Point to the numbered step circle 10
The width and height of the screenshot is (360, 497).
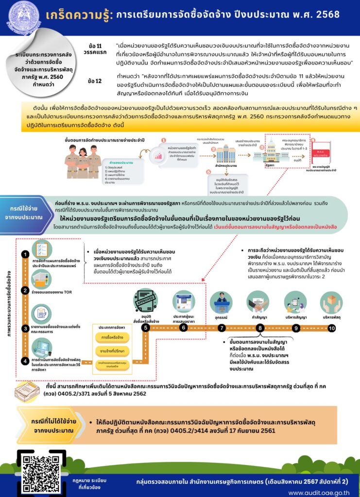pos(332,328)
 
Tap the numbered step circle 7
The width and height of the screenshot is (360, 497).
pos(222,328)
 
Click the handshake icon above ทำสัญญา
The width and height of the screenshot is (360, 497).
pos(258,301)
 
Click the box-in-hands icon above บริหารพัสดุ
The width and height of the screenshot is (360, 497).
pos(332,301)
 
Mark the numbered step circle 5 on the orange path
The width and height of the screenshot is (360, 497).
pos(145,328)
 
